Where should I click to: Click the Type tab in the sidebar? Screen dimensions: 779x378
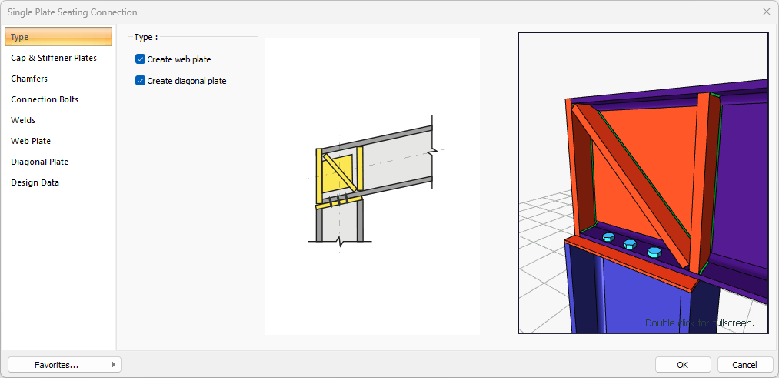(x=58, y=37)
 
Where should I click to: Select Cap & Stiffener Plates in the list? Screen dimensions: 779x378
(x=54, y=58)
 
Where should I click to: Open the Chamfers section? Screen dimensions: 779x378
(x=29, y=79)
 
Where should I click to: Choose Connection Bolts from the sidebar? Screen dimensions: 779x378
(x=45, y=99)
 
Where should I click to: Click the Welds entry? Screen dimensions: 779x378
(x=23, y=120)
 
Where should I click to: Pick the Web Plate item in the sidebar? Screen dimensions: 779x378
(x=31, y=141)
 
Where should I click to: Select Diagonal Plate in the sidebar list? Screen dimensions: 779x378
(x=40, y=162)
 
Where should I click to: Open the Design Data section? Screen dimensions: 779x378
(x=35, y=183)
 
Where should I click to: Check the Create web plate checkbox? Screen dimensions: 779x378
(x=140, y=60)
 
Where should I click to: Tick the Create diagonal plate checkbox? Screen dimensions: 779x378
(x=140, y=81)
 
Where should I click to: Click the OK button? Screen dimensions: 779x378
(x=683, y=365)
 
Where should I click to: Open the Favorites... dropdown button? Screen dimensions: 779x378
(x=65, y=365)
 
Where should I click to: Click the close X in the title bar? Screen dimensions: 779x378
(x=767, y=12)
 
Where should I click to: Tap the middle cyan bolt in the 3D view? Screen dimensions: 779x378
(x=630, y=244)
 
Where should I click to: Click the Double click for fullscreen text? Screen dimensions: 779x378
(x=700, y=323)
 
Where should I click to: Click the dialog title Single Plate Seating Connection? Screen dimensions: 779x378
(x=72, y=12)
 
